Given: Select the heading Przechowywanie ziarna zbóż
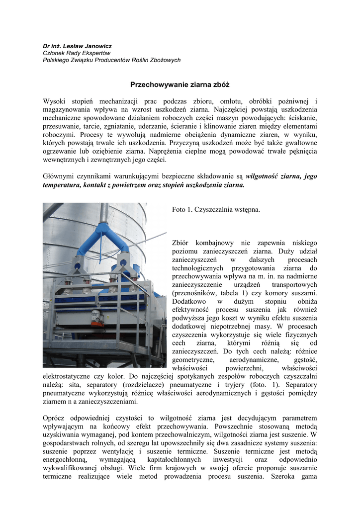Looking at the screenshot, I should click(x=180, y=85).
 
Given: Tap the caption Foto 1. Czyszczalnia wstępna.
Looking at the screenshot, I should click(x=216, y=210).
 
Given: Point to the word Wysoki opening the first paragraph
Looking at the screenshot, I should click(x=55, y=101).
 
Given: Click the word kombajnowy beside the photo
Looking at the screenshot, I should click(x=213, y=243).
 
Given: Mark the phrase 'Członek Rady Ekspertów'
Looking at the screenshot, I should click(x=77, y=53).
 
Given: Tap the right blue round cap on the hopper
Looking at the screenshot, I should click(x=121, y=266).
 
